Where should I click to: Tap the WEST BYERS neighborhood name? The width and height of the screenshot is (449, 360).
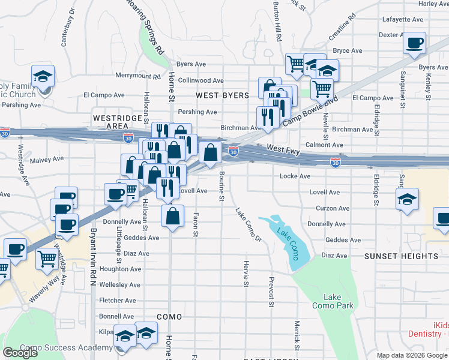tap(222, 95)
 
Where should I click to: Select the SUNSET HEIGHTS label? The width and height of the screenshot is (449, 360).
tap(402, 256)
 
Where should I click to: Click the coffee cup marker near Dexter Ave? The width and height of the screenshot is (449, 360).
tap(414, 43)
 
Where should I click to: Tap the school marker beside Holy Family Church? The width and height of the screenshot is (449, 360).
tap(43, 76)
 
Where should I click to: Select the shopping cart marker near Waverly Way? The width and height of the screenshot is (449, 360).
tap(47, 259)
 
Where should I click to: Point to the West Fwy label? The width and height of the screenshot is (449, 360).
tap(283, 148)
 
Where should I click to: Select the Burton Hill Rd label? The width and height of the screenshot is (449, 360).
tap(277, 21)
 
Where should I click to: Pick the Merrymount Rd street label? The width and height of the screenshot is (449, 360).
tap(139, 76)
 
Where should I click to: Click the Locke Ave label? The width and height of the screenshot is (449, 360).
tap(295, 176)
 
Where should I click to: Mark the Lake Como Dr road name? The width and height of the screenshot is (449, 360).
tap(249, 225)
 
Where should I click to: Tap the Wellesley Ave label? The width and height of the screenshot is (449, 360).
tap(120, 285)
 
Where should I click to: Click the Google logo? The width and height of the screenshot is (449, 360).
tap(20, 353)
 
